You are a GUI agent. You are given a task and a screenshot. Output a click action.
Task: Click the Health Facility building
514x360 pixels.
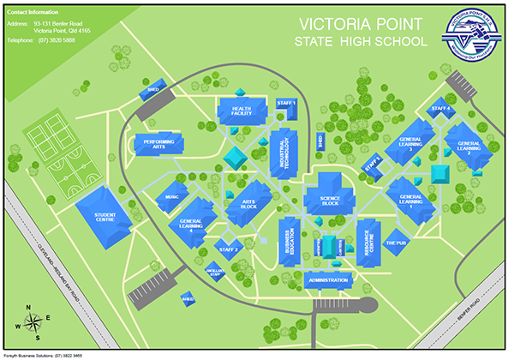[242, 112]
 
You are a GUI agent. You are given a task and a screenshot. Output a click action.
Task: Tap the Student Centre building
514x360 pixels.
[105, 218]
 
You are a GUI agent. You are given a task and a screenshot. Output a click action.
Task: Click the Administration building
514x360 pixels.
[326, 280]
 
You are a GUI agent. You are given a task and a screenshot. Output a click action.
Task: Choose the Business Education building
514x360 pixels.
[290, 242]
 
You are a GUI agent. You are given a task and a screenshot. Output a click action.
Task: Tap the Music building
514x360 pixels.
[171, 197]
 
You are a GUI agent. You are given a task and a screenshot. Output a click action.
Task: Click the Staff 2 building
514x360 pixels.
[228, 249]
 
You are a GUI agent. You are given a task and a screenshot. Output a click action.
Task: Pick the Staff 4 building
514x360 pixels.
[440, 110]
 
